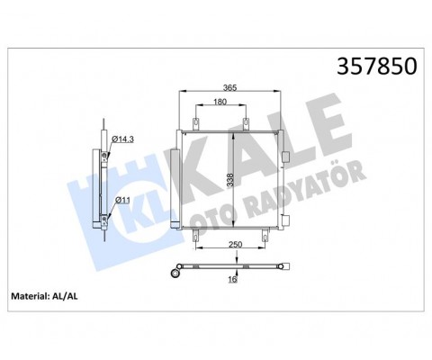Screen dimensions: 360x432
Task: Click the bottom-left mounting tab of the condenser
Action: click(194, 237)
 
